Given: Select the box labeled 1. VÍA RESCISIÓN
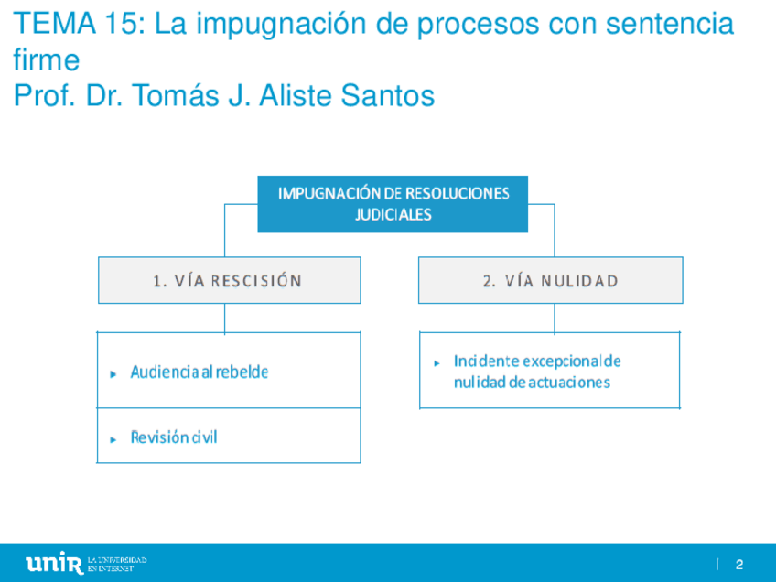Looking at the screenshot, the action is pyautogui.click(x=229, y=280).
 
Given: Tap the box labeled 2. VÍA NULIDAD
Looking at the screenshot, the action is pyautogui.click(x=550, y=280).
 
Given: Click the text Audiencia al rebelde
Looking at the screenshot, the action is pyautogui.click(x=199, y=372).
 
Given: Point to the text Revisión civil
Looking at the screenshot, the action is pyautogui.click(x=174, y=436).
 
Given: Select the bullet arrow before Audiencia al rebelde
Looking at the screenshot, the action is pyautogui.click(x=113, y=374).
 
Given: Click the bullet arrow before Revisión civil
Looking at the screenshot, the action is pyautogui.click(x=113, y=438).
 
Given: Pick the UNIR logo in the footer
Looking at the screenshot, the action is pyautogui.click(x=56, y=562).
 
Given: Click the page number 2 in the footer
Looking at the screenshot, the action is pyautogui.click(x=738, y=564).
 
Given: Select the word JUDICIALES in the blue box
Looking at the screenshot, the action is pyautogui.click(x=393, y=215).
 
